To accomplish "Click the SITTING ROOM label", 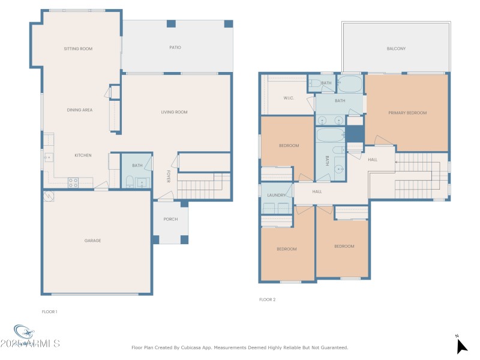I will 78,49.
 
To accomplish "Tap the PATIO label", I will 175,47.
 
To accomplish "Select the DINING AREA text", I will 79,110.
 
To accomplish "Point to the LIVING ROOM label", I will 174,112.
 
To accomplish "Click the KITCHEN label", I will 83,155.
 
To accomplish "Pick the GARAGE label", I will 92,241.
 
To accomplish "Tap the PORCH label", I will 170,219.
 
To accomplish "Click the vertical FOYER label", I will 168,176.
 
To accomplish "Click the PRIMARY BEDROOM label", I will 407,113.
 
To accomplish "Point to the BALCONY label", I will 396,49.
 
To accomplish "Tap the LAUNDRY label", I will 277,195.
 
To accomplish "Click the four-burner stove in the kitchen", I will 73,182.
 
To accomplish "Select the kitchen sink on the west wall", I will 47,158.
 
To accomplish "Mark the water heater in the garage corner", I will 48,196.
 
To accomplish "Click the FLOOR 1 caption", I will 49,311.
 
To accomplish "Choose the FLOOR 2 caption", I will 267,299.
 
